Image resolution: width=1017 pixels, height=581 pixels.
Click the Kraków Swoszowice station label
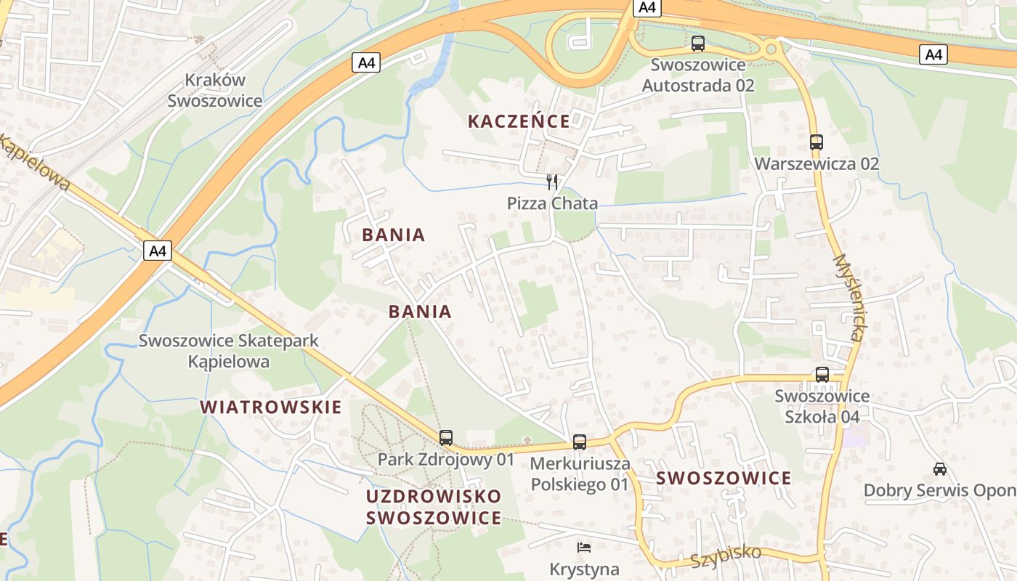[215, 91]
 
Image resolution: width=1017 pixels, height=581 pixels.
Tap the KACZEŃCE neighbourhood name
[519, 121]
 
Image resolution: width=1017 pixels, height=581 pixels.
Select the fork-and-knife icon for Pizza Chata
[553, 182]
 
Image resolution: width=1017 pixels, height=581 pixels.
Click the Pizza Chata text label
[552, 203]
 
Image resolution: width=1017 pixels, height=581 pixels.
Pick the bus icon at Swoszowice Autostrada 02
[698, 44]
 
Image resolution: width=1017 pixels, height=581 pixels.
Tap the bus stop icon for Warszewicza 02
[817, 142]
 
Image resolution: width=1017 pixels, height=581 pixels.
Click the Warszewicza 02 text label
[817, 163]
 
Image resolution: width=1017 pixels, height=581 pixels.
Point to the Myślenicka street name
[848, 298]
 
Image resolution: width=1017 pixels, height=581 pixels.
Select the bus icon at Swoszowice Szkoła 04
[822, 375]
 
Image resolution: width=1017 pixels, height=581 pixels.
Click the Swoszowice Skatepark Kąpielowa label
[229, 351]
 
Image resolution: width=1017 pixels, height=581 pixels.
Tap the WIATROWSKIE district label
[270, 407]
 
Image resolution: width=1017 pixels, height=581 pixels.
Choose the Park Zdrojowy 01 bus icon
[446, 438]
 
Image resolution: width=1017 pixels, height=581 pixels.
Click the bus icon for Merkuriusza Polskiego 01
[580, 442]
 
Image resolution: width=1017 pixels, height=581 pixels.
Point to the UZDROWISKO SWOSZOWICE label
[434, 507]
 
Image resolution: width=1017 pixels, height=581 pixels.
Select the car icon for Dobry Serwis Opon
[940, 469]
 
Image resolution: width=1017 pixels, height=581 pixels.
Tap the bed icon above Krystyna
[584, 548]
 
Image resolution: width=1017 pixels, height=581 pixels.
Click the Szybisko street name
[726, 557]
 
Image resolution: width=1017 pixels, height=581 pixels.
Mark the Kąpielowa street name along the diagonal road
[35, 164]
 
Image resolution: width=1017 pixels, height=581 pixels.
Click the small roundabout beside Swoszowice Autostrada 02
[770, 50]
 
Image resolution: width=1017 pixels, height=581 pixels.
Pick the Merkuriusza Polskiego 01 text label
[580, 474]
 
